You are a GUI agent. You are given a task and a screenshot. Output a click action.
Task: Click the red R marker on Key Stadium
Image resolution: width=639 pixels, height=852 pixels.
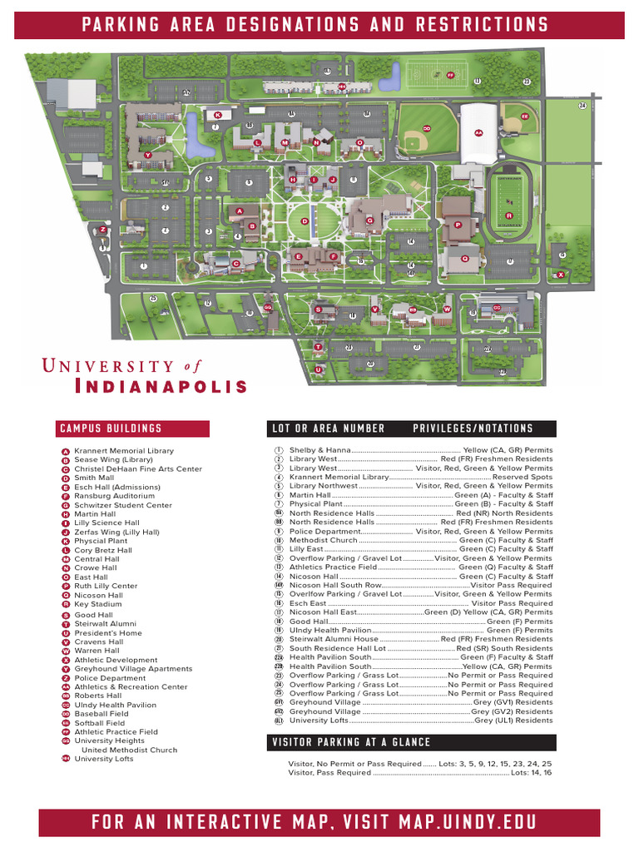coord(509,216)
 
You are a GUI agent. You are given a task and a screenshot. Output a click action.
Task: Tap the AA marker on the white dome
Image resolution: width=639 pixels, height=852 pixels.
coord(478,132)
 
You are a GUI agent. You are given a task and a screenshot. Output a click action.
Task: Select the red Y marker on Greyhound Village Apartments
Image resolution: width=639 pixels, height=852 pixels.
coord(148,156)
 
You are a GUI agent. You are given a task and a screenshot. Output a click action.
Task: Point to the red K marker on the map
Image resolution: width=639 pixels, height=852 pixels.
coord(217,115)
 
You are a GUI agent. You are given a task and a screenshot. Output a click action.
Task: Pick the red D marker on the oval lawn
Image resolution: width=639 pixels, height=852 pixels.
coord(305,221)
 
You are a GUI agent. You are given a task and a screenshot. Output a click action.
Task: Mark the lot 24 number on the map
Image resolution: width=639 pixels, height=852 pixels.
coord(582,106)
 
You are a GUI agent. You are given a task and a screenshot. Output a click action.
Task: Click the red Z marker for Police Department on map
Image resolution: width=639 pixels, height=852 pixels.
coord(102,229)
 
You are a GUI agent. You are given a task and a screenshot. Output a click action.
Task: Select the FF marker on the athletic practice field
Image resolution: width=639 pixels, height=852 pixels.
coord(450,75)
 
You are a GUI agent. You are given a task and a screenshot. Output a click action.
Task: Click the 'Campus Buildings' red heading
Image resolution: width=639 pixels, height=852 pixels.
coord(111,428)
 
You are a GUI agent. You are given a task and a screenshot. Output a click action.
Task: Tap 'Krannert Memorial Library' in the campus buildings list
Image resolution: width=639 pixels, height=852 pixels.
coord(124,451)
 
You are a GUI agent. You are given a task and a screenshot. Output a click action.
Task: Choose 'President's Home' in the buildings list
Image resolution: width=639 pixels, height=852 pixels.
coord(108,633)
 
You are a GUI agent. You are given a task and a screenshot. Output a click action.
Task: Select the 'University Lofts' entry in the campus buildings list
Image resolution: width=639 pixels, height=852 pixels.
coord(104,759)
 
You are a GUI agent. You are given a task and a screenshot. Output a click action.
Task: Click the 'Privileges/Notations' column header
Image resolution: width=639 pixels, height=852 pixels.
coord(473,428)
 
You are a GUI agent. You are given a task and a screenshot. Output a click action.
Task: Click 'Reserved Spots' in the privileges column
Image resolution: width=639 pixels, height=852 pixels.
coord(522,478)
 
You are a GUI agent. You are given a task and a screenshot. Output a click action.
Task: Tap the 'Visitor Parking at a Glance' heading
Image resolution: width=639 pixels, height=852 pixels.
coord(352,742)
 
